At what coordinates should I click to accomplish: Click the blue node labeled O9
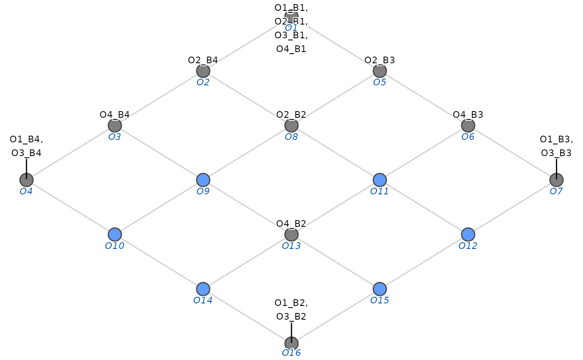tap(203, 180)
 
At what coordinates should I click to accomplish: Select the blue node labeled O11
tap(379, 180)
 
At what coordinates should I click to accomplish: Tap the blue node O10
tap(115, 234)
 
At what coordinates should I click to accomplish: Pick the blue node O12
tap(468, 234)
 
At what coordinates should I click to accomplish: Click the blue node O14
tap(203, 289)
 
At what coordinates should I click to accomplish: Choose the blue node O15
tap(379, 289)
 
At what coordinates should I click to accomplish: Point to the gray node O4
tap(26, 180)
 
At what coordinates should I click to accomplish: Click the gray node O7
tap(556, 180)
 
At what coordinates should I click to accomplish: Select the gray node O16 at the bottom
tap(291, 343)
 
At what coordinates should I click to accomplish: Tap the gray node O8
tap(291, 125)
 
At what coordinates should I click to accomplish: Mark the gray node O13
tap(291, 235)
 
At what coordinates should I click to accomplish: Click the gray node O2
tap(203, 71)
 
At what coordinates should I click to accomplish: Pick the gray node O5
tap(379, 71)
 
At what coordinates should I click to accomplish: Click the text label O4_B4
tap(115, 114)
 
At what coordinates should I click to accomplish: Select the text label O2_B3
tap(379, 60)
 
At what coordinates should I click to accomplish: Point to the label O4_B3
tap(468, 114)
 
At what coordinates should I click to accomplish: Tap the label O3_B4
tap(26, 153)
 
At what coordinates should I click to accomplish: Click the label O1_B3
tap(556, 139)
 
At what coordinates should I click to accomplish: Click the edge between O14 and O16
tap(247, 316)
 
